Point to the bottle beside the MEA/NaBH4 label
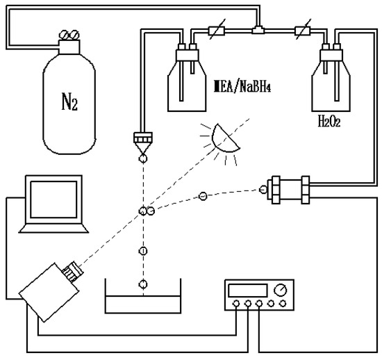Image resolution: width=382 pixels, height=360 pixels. pyautogui.click(x=185, y=80)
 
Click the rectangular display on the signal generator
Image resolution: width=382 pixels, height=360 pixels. pyautogui.click(x=249, y=290)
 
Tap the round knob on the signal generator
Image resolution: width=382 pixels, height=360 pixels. pyautogui.click(x=280, y=290)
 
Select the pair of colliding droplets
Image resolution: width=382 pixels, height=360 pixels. pyautogui.click(x=146, y=211)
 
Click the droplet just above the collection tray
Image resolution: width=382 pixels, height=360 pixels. pyautogui.click(x=143, y=284)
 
